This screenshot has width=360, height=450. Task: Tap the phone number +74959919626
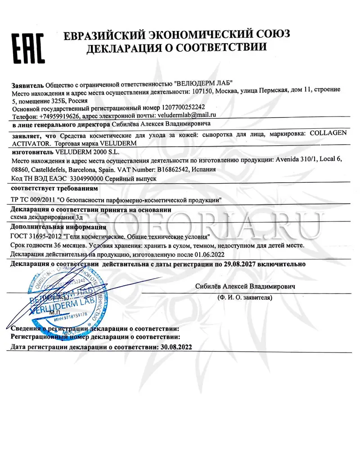tap(65, 116)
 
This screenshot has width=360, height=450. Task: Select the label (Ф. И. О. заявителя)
tap(245, 297)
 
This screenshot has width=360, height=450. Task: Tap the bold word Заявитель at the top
tap(27, 83)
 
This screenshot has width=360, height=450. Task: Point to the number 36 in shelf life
tap(53, 246)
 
